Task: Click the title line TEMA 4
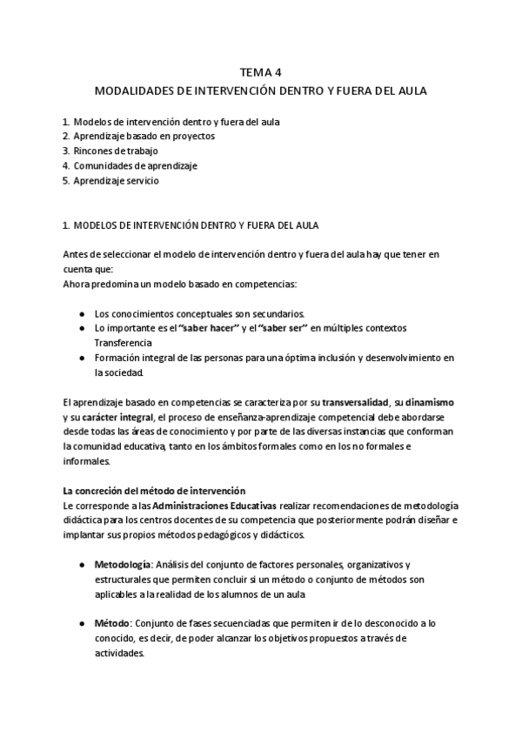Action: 260,73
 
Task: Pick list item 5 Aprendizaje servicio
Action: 116,181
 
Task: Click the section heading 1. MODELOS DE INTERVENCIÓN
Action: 191,225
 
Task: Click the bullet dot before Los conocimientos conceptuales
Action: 81,313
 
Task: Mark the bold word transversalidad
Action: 356,402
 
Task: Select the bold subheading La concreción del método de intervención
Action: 155,491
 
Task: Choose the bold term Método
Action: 114,624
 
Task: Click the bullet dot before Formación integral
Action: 81,358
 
